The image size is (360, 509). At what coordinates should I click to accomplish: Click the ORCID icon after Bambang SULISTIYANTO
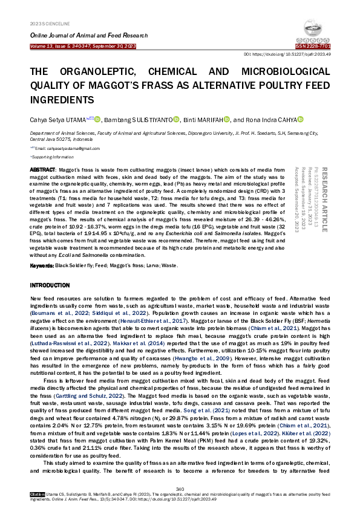tap(177, 120)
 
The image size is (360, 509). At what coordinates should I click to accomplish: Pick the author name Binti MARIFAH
tap(203, 120)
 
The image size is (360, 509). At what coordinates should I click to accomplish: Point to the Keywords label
tap(42, 265)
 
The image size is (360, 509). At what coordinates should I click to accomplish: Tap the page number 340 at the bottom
tap(180, 489)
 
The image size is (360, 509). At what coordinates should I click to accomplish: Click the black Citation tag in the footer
tap(38, 494)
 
